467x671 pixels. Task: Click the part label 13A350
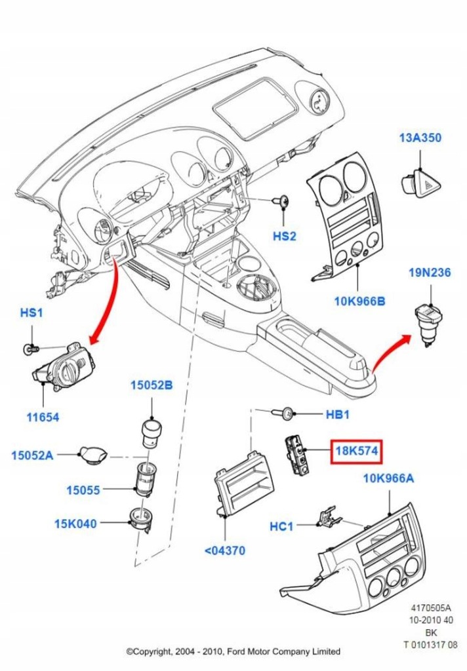420,138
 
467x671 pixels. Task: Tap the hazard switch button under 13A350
421,177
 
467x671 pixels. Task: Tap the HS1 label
31,313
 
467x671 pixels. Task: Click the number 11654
43,416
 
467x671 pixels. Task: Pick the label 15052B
151,386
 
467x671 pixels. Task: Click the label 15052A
32,454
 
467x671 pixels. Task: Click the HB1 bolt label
338,414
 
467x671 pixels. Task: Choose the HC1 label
283,526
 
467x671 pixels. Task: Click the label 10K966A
388,478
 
